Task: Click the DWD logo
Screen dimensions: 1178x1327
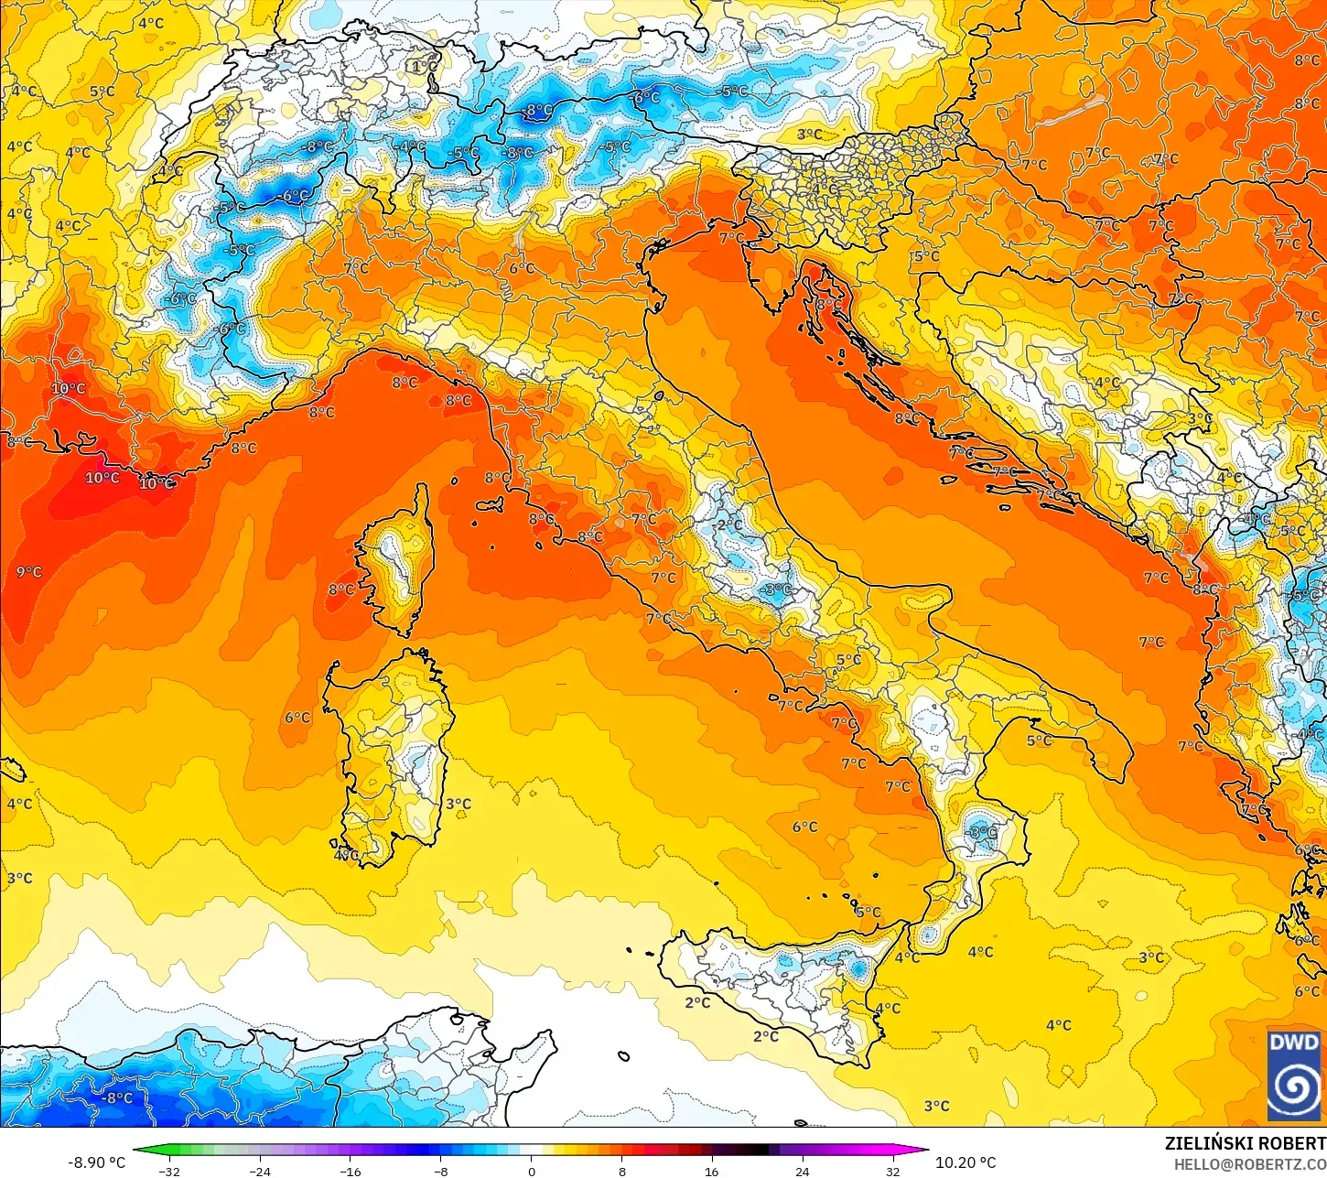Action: click(x=1294, y=1075)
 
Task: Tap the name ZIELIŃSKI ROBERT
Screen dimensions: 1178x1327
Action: click(x=1244, y=1143)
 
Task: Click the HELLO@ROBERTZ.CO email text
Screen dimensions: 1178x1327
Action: click(x=1250, y=1163)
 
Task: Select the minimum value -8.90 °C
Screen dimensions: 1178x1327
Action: click(x=96, y=1162)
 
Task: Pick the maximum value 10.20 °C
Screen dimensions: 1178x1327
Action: click(x=966, y=1162)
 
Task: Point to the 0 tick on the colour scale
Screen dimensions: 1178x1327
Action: click(x=531, y=1171)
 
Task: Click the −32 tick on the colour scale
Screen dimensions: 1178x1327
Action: click(x=168, y=1171)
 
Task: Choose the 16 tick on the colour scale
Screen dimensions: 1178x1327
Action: click(x=711, y=1171)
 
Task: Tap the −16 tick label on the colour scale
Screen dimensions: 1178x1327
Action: click(x=350, y=1171)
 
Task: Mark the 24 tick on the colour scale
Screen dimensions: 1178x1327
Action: click(x=802, y=1171)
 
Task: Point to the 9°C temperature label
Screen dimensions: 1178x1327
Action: click(x=29, y=572)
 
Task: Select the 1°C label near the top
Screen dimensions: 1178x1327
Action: click(x=424, y=66)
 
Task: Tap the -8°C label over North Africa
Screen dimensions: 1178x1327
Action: click(x=118, y=1097)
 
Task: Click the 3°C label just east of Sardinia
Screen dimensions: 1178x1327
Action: click(x=459, y=804)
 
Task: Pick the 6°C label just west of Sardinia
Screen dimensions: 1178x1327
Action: click(x=297, y=718)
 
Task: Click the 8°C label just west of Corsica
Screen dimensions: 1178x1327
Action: click(x=341, y=589)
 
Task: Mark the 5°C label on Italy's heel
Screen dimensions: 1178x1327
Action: click(x=1039, y=740)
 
